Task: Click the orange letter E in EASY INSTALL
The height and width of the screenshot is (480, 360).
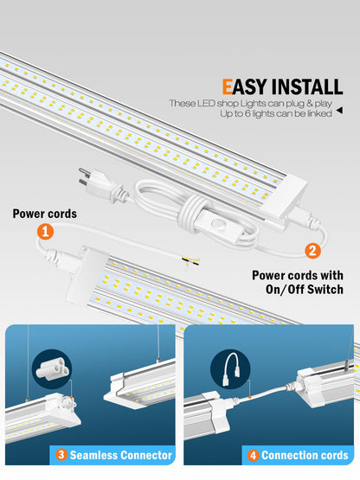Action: [x=228, y=86]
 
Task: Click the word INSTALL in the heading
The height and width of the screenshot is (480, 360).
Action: [x=307, y=86]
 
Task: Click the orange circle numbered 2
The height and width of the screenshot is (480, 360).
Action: [x=311, y=252]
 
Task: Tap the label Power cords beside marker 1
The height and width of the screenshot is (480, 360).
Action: [x=43, y=213]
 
